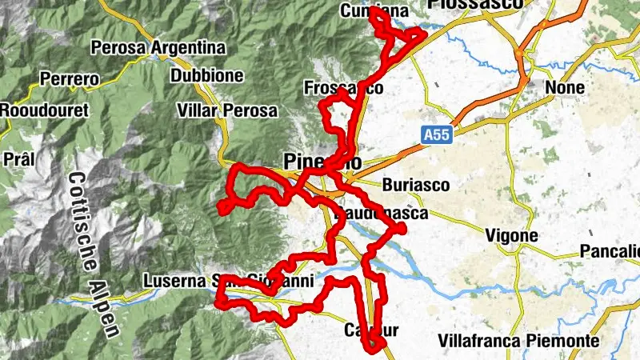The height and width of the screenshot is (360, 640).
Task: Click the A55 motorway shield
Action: pyautogui.click(x=438, y=135)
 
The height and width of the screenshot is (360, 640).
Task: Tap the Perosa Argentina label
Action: pyautogui.click(x=158, y=48)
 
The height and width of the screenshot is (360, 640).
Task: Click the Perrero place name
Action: pyautogui.click(x=69, y=80)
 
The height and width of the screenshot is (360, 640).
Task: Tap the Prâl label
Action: pyautogui.click(x=18, y=159)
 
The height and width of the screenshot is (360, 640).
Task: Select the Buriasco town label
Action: pyautogui.click(x=416, y=184)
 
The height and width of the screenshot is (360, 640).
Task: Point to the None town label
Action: pyautogui.click(x=565, y=86)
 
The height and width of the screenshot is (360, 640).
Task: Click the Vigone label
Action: pyautogui.click(x=512, y=236)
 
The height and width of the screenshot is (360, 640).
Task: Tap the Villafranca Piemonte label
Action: pyautogui.click(x=530, y=341)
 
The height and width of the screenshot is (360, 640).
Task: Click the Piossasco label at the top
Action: pyautogui.click(x=486, y=5)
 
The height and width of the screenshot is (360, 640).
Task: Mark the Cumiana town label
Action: pyautogui.click(x=374, y=11)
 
